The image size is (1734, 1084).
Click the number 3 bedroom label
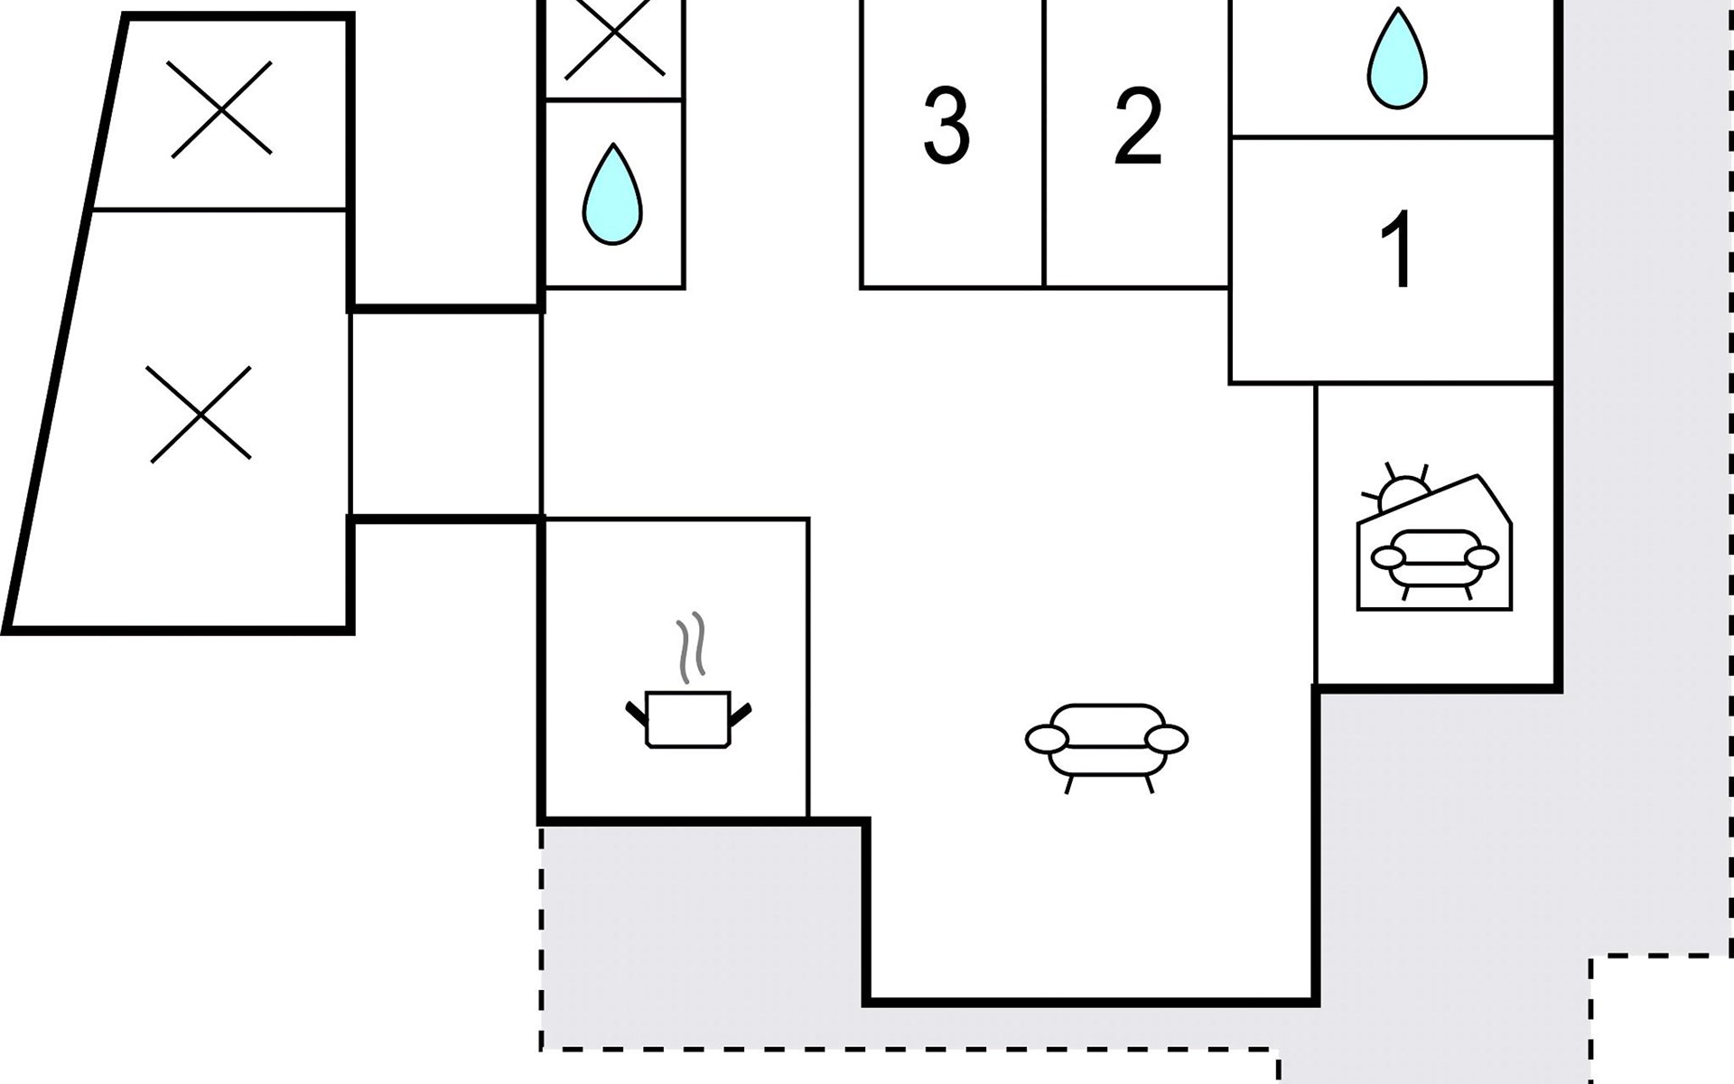tap(946, 126)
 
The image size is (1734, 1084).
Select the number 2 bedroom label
tap(1138, 126)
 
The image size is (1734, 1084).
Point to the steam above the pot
tap(691, 648)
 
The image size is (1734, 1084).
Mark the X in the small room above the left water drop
tap(615, 36)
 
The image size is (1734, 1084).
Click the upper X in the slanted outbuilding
tap(219, 108)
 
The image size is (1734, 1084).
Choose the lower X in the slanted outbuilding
tap(200, 415)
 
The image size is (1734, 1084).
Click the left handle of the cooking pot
tap(637, 713)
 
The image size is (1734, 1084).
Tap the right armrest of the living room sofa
tap(1166, 739)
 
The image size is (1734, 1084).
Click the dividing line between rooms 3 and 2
tap(1044, 144)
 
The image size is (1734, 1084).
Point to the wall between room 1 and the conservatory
tap(1436, 384)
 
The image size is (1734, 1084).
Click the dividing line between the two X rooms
tap(219, 210)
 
